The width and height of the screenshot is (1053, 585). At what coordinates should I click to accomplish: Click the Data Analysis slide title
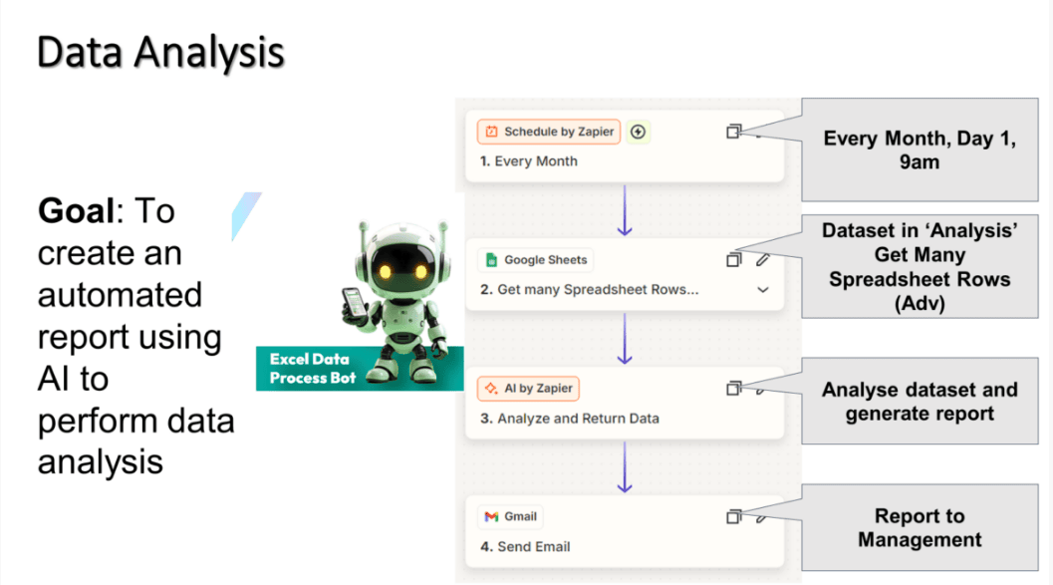pyautogui.click(x=160, y=53)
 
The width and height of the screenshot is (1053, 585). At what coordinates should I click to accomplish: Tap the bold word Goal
pyautogui.click(x=77, y=211)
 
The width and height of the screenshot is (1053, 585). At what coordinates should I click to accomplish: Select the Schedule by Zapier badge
pyautogui.click(x=549, y=132)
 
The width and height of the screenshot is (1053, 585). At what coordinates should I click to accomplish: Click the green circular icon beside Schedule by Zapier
pyautogui.click(x=638, y=132)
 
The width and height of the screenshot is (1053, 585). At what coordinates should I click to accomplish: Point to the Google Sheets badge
pyautogui.click(x=535, y=260)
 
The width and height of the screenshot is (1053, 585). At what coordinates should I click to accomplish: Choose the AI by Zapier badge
pyautogui.click(x=528, y=389)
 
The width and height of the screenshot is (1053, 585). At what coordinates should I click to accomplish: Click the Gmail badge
pyautogui.click(x=510, y=516)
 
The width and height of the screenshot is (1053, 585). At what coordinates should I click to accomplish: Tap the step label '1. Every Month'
pyautogui.click(x=529, y=161)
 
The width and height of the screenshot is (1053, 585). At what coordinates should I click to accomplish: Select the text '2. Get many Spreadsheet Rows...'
pyautogui.click(x=589, y=289)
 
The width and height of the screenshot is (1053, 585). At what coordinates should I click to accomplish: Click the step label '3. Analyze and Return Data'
pyautogui.click(x=570, y=419)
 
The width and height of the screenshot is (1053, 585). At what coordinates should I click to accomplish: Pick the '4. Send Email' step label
pyautogui.click(x=525, y=547)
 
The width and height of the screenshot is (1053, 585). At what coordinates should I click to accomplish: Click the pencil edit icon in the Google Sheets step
pyautogui.click(x=762, y=260)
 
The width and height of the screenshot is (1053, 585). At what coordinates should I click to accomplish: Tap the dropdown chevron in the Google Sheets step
pyautogui.click(x=763, y=290)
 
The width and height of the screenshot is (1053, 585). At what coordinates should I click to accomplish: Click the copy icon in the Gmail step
pyautogui.click(x=733, y=516)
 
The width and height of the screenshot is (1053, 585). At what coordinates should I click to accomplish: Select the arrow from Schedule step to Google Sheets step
pyautogui.click(x=625, y=210)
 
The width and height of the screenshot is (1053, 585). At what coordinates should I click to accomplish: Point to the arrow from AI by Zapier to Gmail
pyautogui.click(x=625, y=467)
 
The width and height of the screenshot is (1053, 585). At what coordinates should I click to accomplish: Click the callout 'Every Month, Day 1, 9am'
pyautogui.click(x=920, y=149)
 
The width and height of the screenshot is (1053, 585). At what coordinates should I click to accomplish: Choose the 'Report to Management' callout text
pyautogui.click(x=920, y=528)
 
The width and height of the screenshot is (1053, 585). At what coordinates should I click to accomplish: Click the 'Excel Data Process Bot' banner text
pyautogui.click(x=312, y=369)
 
